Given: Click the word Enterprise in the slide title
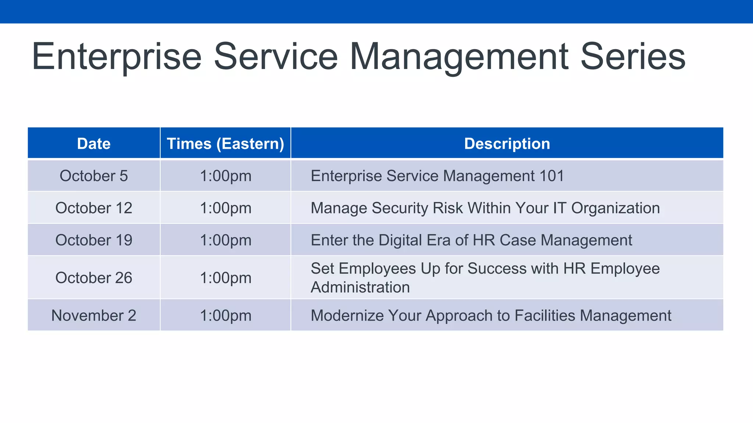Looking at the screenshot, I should coord(117,57).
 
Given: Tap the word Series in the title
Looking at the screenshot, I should coord(633,57).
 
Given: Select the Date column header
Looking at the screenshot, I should coord(94,144).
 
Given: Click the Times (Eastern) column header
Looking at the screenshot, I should coord(225,144).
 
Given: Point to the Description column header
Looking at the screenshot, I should coord(507,144).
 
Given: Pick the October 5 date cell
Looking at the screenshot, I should coord(94,176).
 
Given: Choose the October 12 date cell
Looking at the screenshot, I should coord(94,208).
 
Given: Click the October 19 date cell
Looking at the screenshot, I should coord(94,240).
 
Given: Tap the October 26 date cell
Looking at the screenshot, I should coord(94,278).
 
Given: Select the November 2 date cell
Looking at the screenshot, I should coord(94,315).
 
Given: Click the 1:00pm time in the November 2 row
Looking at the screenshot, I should coord(225,315).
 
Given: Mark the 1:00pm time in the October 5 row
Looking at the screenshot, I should coord(225,176).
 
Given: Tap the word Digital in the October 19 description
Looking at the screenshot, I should coord(400,240).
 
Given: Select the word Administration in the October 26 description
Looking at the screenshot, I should coord(360,287).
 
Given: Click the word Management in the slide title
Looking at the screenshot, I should coord(459,57).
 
